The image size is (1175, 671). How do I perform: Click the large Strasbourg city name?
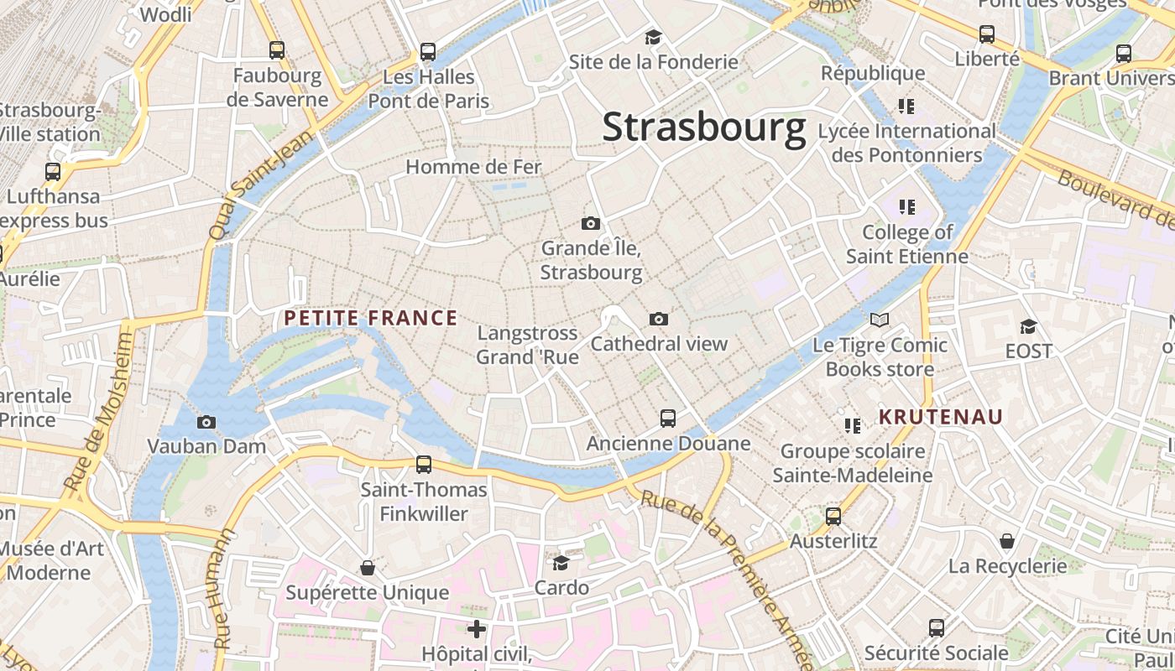coord(703,127)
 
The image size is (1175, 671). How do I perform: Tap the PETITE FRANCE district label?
coord(370,318)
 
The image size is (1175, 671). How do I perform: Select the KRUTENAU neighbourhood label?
coord(941,417)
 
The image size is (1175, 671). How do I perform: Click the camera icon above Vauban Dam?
coord(206,422)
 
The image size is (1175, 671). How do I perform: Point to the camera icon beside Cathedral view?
coord(659,319)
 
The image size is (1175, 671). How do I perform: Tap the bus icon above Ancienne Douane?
coord(668,418)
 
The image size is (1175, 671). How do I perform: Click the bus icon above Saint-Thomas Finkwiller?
coord(424,464)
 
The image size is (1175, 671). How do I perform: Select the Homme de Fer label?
coord(473,167)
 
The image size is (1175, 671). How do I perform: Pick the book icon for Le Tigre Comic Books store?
coord(880,320)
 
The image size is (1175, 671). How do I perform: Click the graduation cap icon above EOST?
coord(1028,326)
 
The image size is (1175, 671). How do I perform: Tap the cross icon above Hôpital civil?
coord(477,628)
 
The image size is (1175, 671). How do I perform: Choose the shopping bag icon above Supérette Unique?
coord(367,568)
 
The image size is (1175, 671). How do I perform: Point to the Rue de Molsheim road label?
coord(99,411)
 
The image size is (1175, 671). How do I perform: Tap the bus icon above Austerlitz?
coord(833,516)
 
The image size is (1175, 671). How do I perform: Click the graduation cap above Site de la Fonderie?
coord(653,37)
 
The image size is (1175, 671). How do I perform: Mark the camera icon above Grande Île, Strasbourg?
coord(591,223)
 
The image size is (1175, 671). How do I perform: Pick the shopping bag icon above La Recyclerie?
coord(1006,541)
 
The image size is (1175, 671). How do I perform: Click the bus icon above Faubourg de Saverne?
coord(277,50)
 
